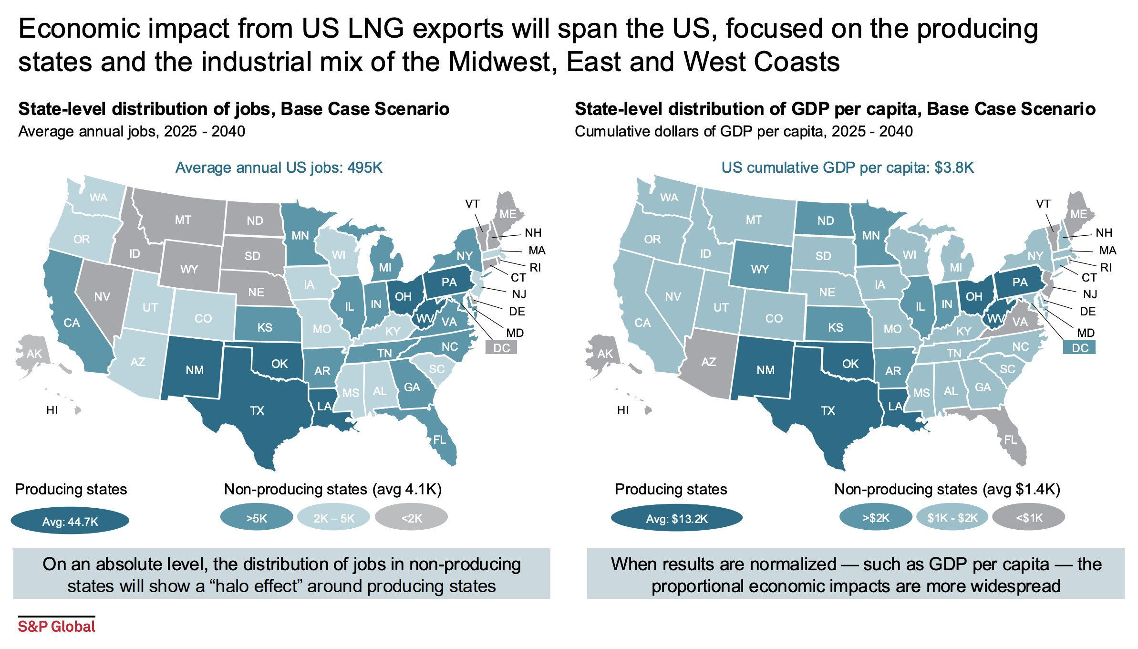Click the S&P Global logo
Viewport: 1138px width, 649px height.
[56, 626]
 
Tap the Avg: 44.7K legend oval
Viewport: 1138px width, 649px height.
[70, 521]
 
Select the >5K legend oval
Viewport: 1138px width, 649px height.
[257, 518]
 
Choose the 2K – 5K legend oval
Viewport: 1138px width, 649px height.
[334, 518]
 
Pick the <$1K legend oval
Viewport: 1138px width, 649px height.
[1029, 518]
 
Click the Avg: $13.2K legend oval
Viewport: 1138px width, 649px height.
[677, 519]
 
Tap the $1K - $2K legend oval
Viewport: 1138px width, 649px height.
[952, 518]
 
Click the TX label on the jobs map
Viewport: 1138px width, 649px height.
[257, 410]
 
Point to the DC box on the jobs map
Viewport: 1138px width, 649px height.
[501, 347]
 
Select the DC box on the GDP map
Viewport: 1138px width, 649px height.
[1080, 347]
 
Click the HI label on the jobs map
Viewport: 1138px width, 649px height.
[52, 410]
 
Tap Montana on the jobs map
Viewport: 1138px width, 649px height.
[183, 220]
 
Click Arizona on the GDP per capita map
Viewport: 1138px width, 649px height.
[708, 362]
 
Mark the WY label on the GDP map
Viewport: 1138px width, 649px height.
[760, 269]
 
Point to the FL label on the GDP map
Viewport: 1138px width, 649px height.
[1010, 440]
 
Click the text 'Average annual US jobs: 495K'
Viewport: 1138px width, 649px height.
[279, 167]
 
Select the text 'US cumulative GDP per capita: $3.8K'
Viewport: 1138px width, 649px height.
[848, 167]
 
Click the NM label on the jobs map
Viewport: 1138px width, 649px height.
[195, 370]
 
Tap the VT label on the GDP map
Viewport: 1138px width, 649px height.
[1043, 204]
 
